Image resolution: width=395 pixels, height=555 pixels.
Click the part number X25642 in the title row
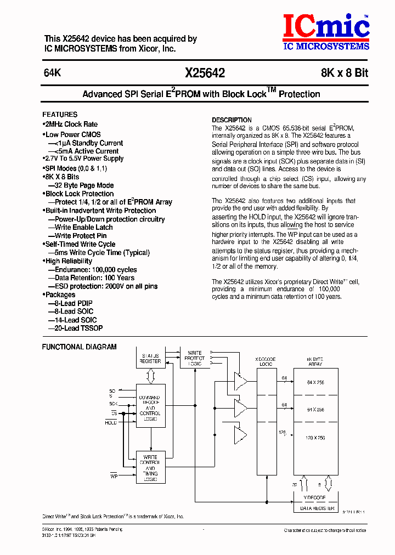point(205,73)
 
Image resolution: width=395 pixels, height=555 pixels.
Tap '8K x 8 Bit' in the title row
point(345,73)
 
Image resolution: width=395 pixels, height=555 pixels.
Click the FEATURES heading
point(60,115)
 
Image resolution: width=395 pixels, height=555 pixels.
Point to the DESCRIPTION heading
point(232,120)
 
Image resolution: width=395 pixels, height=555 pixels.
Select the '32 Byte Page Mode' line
point(84,185)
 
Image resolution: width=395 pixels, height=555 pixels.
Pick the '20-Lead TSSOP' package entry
point(78,328)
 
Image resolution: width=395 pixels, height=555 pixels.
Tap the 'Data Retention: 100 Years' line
point(94,278)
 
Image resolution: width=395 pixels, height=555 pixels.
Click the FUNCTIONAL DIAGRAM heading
point(80,347)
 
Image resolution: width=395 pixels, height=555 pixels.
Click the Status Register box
point(150,358)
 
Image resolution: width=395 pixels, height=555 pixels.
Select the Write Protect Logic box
point(195,358)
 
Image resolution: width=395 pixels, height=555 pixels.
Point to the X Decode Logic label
point(267,361)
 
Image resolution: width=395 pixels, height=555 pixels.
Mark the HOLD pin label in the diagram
point(111,422)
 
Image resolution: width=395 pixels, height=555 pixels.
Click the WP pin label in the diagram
point(114,475)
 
